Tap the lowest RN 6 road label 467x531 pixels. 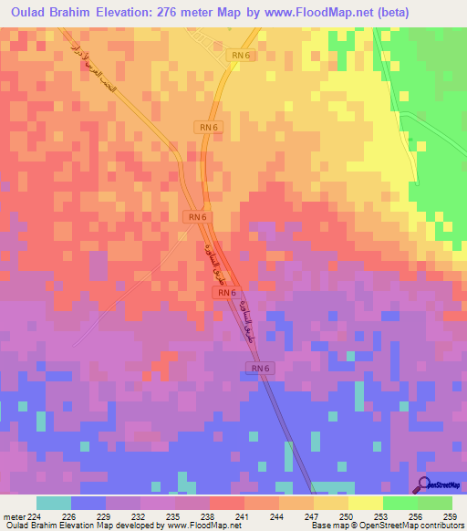click(x=260, y=368)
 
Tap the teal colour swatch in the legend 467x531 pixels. click(x=54, y=503)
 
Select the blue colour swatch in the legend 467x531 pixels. click(x=88, y=503)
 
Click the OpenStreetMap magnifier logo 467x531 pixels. click(x=423, y=485)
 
